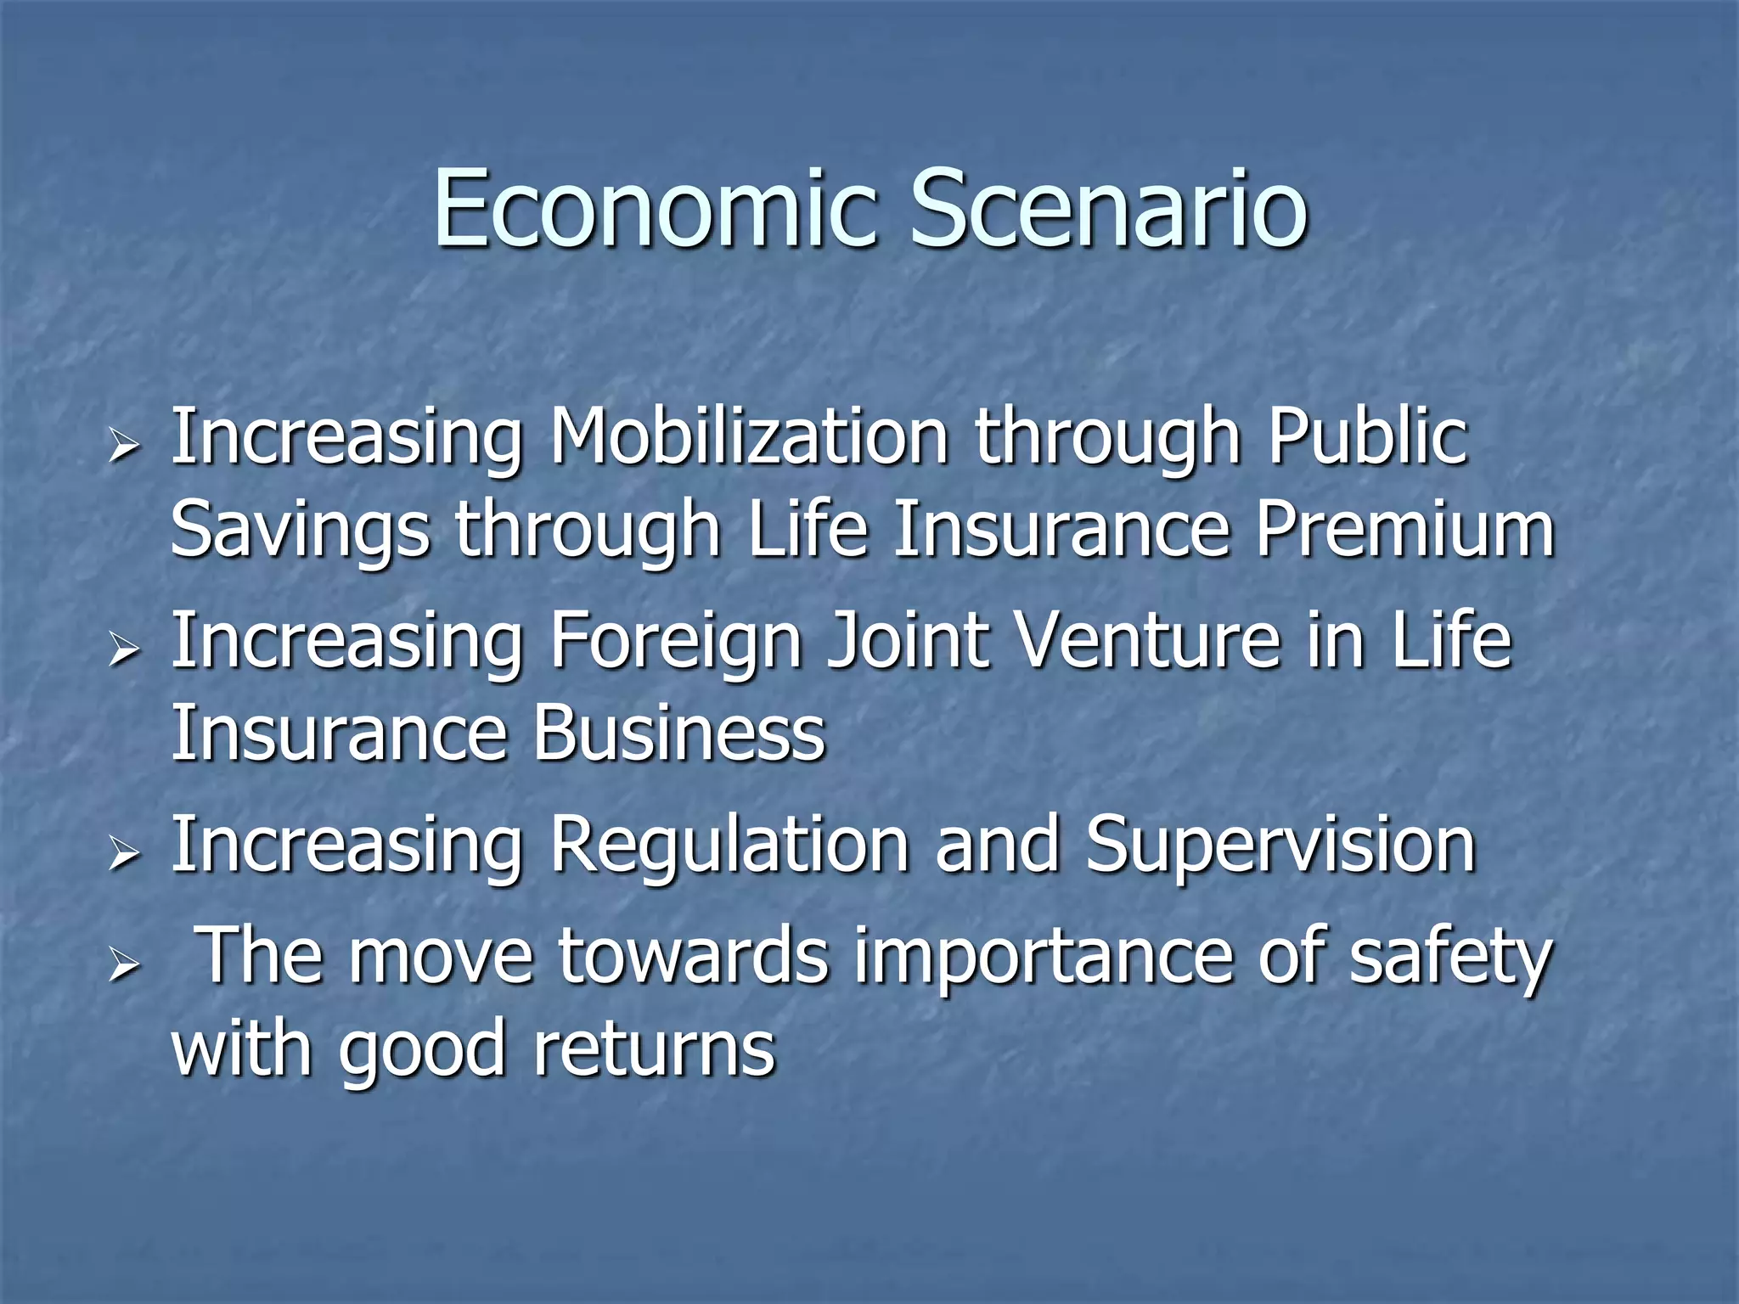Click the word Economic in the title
[654, 209]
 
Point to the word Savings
[300, 531]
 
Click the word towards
[693, 956]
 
